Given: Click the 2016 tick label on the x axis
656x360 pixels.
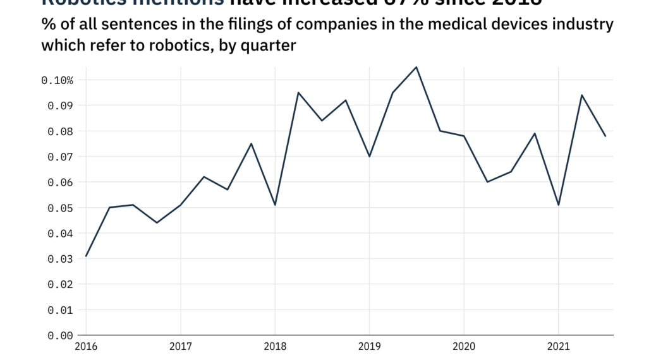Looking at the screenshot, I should coord(86,347).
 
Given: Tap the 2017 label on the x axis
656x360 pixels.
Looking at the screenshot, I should coord(181,347).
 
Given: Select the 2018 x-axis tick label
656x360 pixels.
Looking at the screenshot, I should coord(275,347).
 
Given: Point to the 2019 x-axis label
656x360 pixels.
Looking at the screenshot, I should coord(369,347).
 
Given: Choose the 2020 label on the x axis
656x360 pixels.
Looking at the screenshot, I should coord(464,347).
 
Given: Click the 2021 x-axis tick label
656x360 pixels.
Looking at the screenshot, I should coord(558,347).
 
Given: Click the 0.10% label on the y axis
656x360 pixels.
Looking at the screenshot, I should coord(57,80).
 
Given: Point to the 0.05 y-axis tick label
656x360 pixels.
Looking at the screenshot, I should coord(61,208).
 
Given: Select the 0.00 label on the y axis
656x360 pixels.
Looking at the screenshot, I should coord(61,335).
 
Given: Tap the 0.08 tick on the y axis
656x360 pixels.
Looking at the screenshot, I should coord(61,131).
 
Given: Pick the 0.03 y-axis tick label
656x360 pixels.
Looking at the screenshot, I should coord(61,259).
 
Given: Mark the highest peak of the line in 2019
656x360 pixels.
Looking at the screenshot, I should coord(416,67).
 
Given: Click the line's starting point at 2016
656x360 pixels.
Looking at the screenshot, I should coord(86,256).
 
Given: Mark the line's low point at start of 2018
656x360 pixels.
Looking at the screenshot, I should coord(275,205).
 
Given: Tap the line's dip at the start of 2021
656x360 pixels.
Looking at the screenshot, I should coord(558,205).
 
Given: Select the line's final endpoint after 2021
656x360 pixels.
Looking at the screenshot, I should coord(605,136).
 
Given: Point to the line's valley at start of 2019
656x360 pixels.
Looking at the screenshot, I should coord(369,156).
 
